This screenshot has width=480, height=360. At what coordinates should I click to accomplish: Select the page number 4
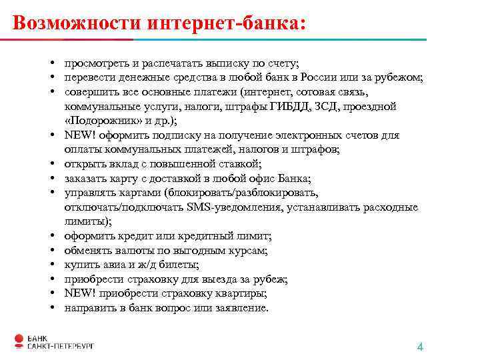(x=420, y=347)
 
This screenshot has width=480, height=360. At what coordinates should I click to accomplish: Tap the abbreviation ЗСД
(x=327, y=105)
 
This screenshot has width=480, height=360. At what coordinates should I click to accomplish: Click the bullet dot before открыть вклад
(x=51, y=164)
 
